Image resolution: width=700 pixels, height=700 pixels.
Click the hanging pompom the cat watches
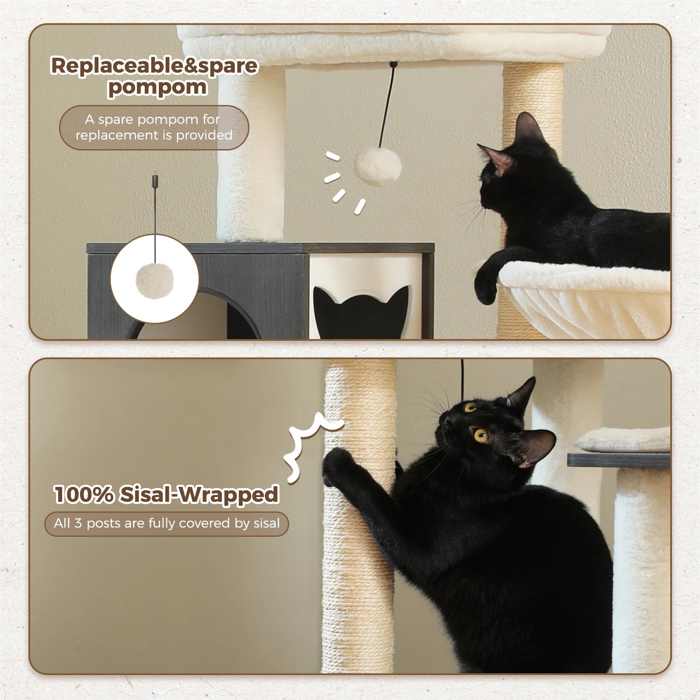coord(378,166)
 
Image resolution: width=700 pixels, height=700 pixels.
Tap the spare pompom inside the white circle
coord(155,280)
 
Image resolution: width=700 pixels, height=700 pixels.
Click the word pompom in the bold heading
coord(157,88)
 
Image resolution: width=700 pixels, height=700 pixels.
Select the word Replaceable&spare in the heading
coord(154,65)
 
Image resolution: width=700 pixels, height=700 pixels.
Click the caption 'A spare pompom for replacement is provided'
coord(154,127)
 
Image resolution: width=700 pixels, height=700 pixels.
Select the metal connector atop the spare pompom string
coord(155,181)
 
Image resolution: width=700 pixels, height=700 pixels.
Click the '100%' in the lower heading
coord(83,495)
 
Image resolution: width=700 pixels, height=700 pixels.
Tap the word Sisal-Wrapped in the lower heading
coord(199,495)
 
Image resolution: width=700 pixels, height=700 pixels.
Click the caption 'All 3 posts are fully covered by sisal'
coord(167,524)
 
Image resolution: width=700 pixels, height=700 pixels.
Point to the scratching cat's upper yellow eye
coord(470,407)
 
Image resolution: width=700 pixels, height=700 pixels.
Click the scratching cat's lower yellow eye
coord(481,435)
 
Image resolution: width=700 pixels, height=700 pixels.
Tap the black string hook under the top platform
coord(393,64)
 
